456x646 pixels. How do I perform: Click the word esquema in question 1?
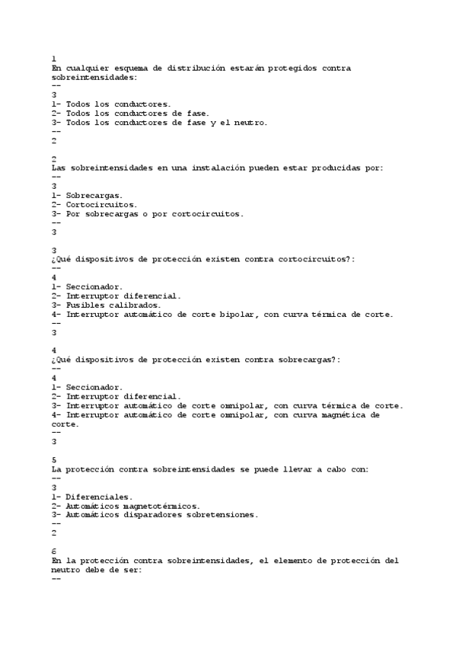pyautogui.click(x=128, y=68)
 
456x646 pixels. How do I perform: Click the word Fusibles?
pyautogui.click(x=87, y=305)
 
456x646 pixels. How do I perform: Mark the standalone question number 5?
pyautogui.click(x=53, y=460)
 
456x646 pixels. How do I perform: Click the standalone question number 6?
pyautogui.click(x=53, y=550)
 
